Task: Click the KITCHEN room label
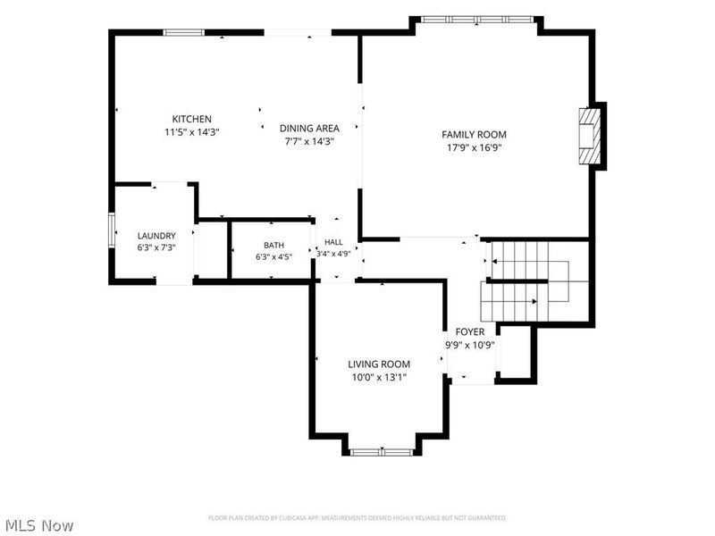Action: coord(191,119)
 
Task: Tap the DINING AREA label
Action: coord(309,128)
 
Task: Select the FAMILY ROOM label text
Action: coord(474,135)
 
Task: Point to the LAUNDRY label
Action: coord(156,236)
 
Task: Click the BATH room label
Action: coord(273,245)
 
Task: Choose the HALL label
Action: coord(333,242)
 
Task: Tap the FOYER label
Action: coord(470,331)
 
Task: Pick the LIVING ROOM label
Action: coord(379,364)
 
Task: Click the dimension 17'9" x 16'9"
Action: coord(475,147)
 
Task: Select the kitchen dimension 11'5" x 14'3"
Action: coord(192,132)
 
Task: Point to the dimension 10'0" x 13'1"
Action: coord(379,377)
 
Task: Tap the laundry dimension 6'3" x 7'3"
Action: coord(156,247)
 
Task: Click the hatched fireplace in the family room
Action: coord(590,136)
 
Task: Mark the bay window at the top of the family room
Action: coord(476,20)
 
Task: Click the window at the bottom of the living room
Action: coord(382,452)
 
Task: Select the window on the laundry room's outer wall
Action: coord(112,230)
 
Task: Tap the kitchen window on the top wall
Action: coord(184,32)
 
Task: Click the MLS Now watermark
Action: coord(37,525)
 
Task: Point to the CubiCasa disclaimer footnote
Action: coord(357,518)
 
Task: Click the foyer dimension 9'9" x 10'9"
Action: coord(470,345)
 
